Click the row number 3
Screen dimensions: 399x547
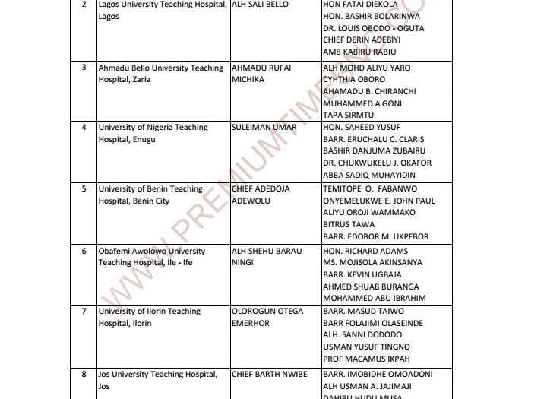click(x=84, y=67)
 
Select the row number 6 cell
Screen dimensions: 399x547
click(x=84, y=251)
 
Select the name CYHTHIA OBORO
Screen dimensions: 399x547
click(x=354, y=79)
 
